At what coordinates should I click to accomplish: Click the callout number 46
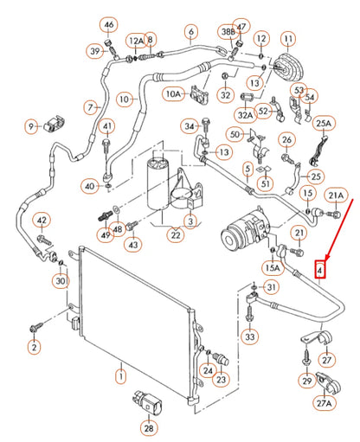tap(108, 24)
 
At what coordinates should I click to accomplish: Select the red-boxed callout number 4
tap(320, 270)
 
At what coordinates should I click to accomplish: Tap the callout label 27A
tap(325, 402)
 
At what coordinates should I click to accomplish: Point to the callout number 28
tap(149, 426)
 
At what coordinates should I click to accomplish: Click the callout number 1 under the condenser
tap(121, 375)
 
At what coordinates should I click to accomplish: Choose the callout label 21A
tap(335, 195)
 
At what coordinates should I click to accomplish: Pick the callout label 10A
tap(172, 93)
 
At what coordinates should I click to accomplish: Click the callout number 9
tap(31, 128)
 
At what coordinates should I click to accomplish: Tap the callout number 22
tap(176, 234)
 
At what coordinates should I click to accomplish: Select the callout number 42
tap(41, 221)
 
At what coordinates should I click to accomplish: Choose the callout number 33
tap(249, 335)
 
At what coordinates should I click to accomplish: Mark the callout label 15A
tap(273, 267)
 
